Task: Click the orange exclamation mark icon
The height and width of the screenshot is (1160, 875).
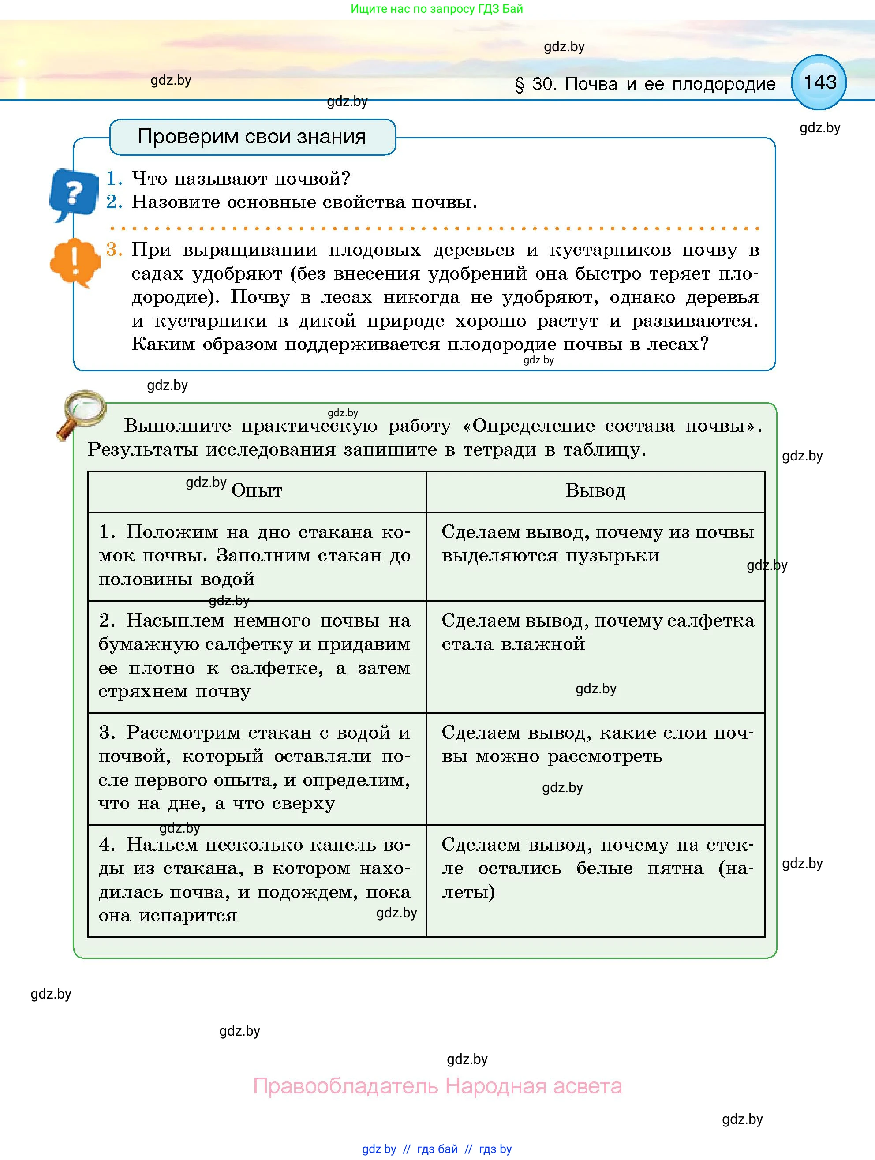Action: tap(75, 262)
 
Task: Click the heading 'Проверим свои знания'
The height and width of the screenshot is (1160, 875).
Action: tap(252, 137)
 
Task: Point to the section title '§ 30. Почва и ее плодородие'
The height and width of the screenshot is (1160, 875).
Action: tap(645, 84)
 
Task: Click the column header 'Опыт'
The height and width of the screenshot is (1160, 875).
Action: tap(256, 491)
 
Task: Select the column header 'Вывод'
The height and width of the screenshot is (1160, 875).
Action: tap(595, 491)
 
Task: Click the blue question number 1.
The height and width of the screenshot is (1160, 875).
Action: tap(114, 179)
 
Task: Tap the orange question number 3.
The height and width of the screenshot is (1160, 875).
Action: tap(114, 250)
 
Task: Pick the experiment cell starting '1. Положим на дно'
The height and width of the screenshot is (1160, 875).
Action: tap(255, 555)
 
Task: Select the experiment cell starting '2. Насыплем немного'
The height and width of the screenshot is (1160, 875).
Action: tap(255, 655)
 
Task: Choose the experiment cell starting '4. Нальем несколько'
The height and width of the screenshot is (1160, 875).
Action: tap(255, 879)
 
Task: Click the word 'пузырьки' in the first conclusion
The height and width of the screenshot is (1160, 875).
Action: tap(612, 555)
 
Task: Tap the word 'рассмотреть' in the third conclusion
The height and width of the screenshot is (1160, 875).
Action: tap(605, 756)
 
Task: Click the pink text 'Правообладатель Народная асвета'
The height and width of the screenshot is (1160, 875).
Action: tap(437, 1085)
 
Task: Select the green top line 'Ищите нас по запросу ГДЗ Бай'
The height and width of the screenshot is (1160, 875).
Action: tap(437, 9)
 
